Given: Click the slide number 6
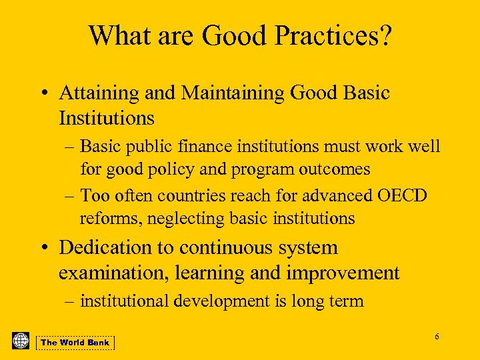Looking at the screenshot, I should (437, 337).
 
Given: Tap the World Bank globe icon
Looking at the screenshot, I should (21, 341).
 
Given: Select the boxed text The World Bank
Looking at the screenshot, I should (75, 343).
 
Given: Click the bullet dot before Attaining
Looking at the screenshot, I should (42, 94).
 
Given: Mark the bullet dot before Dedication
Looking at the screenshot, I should (42, 248).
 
